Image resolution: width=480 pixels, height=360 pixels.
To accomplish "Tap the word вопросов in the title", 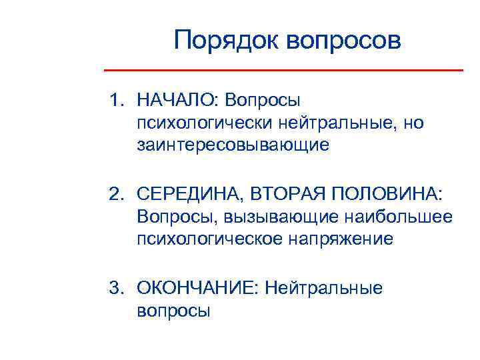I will pyautogui.click(x=345, y=41).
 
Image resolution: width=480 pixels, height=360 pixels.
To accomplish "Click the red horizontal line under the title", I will pyautogui.click(x=284, y=70).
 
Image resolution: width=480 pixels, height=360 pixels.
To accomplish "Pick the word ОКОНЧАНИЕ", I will pyautogui.click(x=197, y=287).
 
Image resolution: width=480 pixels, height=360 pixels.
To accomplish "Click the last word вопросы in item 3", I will pyautogui.click(x=173, y=310).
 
